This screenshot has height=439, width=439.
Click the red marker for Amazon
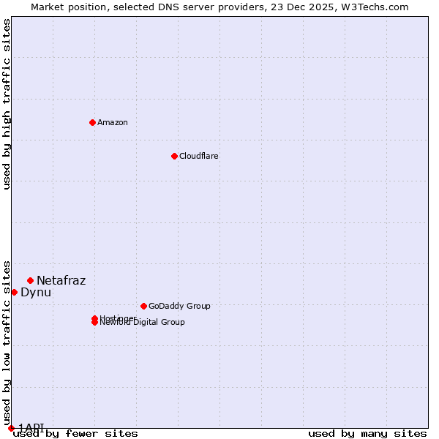click(x=92, y=122)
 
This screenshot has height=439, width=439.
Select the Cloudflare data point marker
click(x=174, y=156)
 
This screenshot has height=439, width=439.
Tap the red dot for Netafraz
click(x=30, y=280)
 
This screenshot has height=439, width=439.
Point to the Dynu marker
click(x=14, y=292)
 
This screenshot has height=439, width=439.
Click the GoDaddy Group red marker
click(x=143, y=306)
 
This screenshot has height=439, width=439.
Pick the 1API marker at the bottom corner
click(x=11, y=428)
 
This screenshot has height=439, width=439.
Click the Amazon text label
click(x=113, y=122)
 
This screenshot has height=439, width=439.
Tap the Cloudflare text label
click(x=199, y=156)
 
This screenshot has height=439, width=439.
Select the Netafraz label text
click(x=61, y=280)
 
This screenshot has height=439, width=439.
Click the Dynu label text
click(x=36, y=292)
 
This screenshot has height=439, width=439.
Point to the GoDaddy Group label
click(x=179, y=306)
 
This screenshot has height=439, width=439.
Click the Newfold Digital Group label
click(x=143, y=323)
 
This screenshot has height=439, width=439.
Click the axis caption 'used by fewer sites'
click(x=75, y=433)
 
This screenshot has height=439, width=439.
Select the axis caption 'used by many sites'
click(x=367, y=433)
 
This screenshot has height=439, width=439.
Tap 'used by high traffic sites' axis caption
click(x=7, y=104)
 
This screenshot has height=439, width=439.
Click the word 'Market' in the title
click(x=47, y=7)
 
